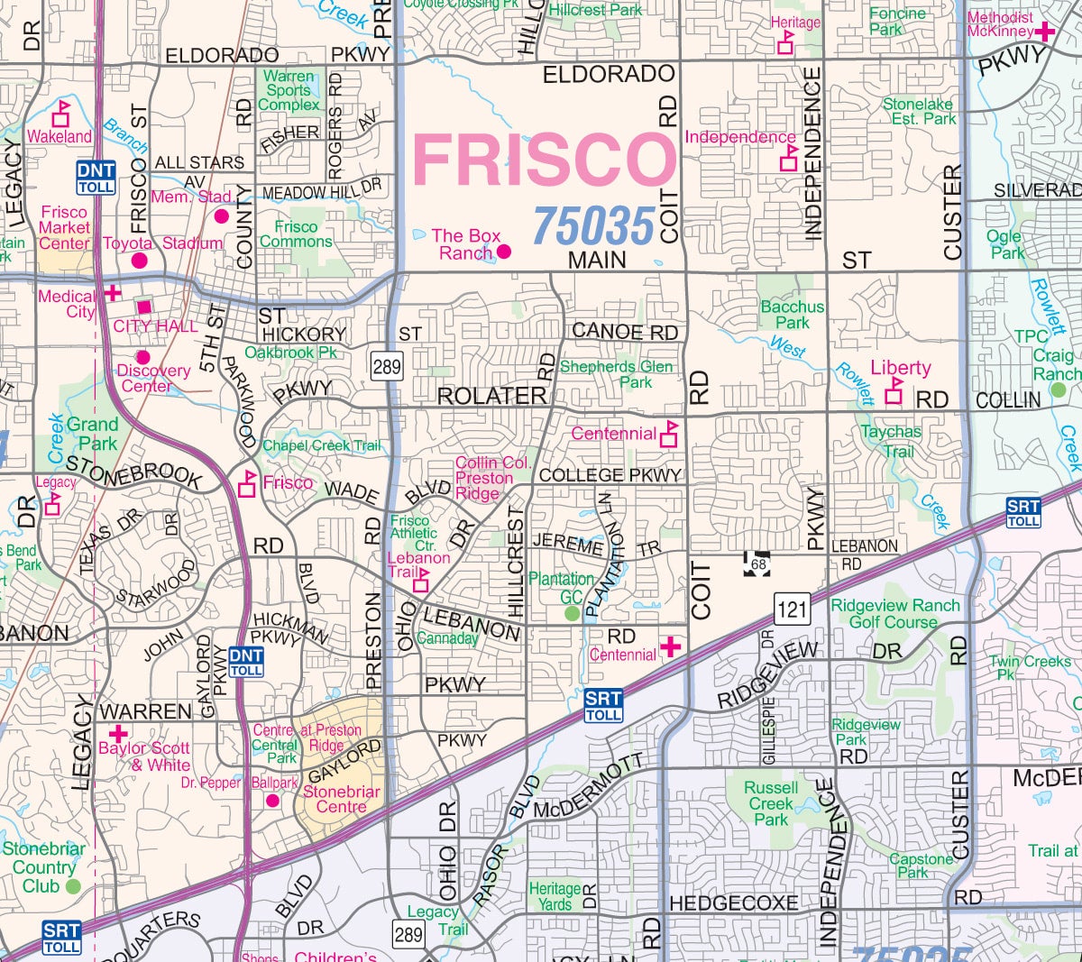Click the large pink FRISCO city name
tap(544, 160)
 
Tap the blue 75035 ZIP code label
tap(593, 225)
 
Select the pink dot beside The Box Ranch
tap(504, 252)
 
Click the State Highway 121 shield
tap(792, 609)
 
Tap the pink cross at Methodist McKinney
tap(1045, 32)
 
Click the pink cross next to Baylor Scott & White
tap(117, 734)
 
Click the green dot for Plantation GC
tap(572, 613)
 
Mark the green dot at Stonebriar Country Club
tap(73, 886)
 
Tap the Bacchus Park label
tap(792, 315)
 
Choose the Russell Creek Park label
tap(771, 803)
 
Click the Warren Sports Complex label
tap(289, 90)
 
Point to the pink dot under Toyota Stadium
tap(139, 261)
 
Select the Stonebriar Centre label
tap(341, 799)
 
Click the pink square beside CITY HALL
tap(144, 308)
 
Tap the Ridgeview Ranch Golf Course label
tap(894, 613)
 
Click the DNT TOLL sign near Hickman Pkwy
tap(246, 662)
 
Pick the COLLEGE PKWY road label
tap(610, 475)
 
